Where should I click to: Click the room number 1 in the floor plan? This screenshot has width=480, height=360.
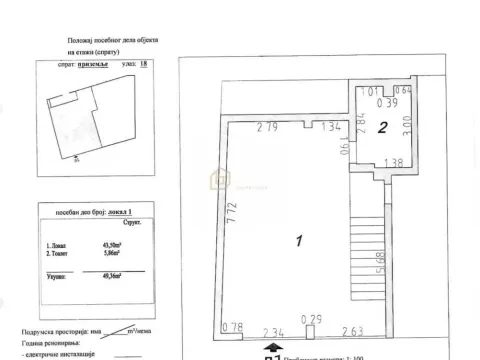pos(301,241)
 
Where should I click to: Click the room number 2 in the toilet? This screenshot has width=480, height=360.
pos(383,126)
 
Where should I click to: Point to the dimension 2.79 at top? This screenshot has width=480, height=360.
pos(266,126)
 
